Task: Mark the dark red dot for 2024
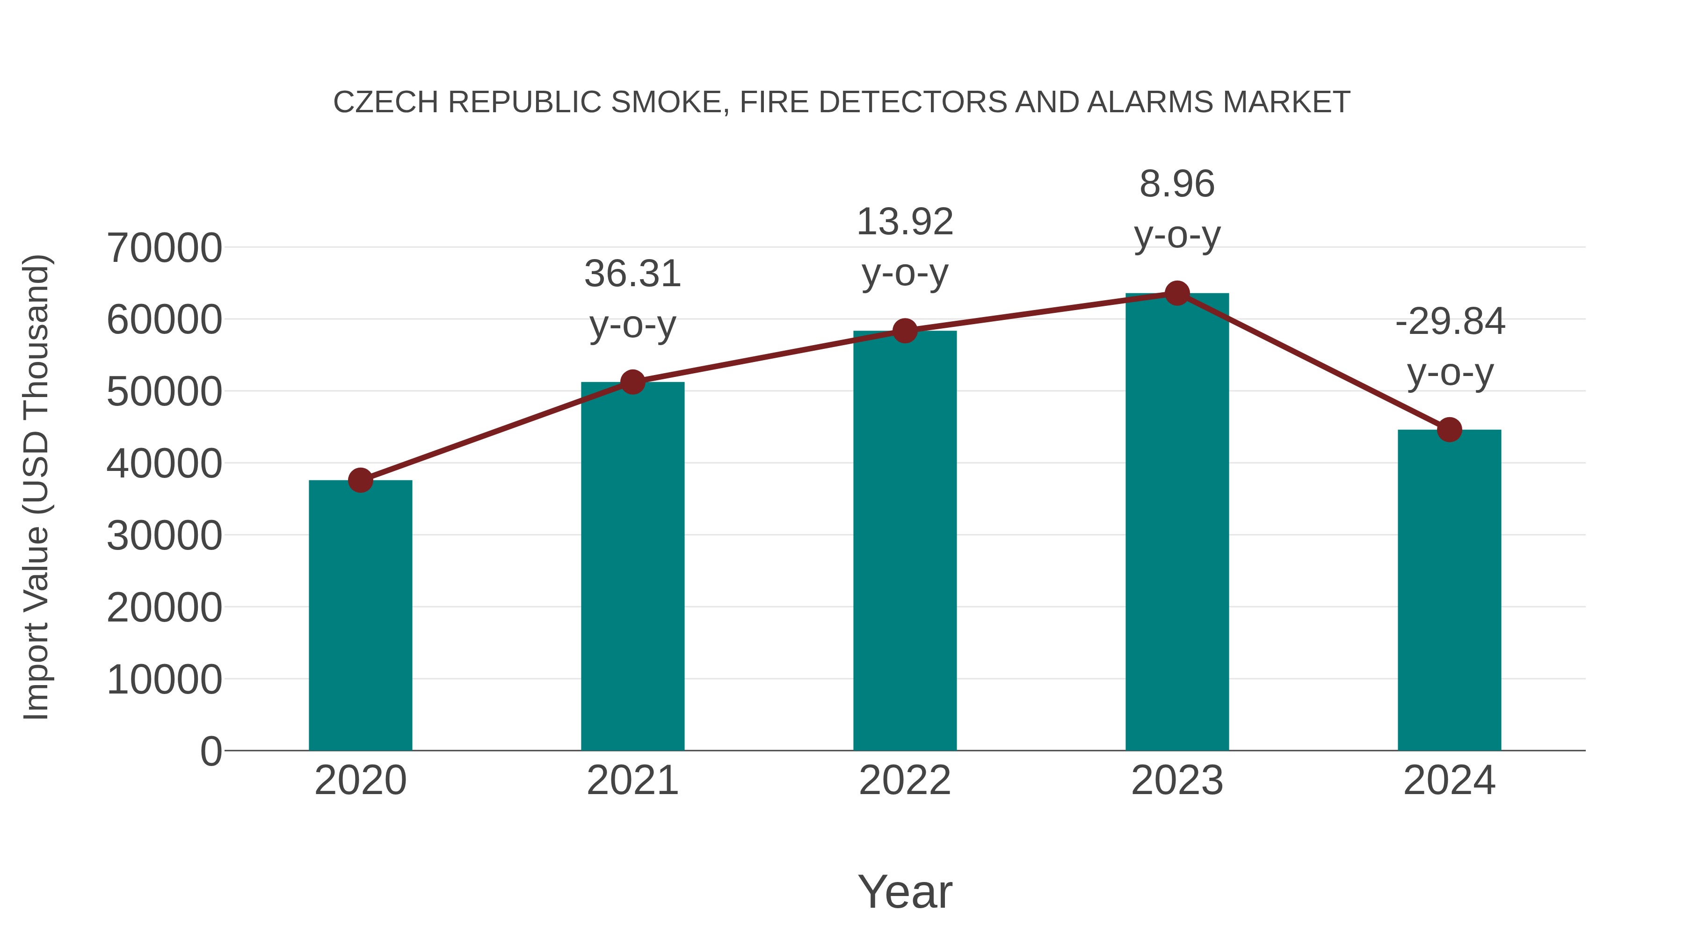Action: [x=1449, y=430]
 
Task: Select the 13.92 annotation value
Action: [x=905, y=222]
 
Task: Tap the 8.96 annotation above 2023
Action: [x=1177, y=184]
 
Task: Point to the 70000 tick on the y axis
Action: [x=164, y=248]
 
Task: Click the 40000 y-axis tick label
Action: [x=164, y=464]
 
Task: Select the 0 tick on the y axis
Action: [x=210, y=751]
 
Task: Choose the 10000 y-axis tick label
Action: [x=164, y=680]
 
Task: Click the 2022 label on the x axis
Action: [x=905, y=781]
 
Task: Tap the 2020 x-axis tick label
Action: [x=360, y=781]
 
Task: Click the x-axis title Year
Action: [x=905, y=891]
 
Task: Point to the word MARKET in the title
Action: [x=1286, y=102]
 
